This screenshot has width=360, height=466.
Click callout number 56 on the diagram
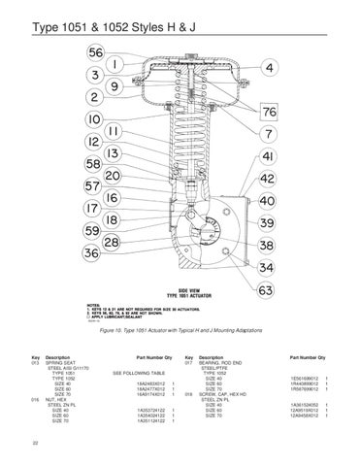coord(97,51)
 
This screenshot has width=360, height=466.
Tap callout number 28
coord(113,241)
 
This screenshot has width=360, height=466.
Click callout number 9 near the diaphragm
coord(115,84)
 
